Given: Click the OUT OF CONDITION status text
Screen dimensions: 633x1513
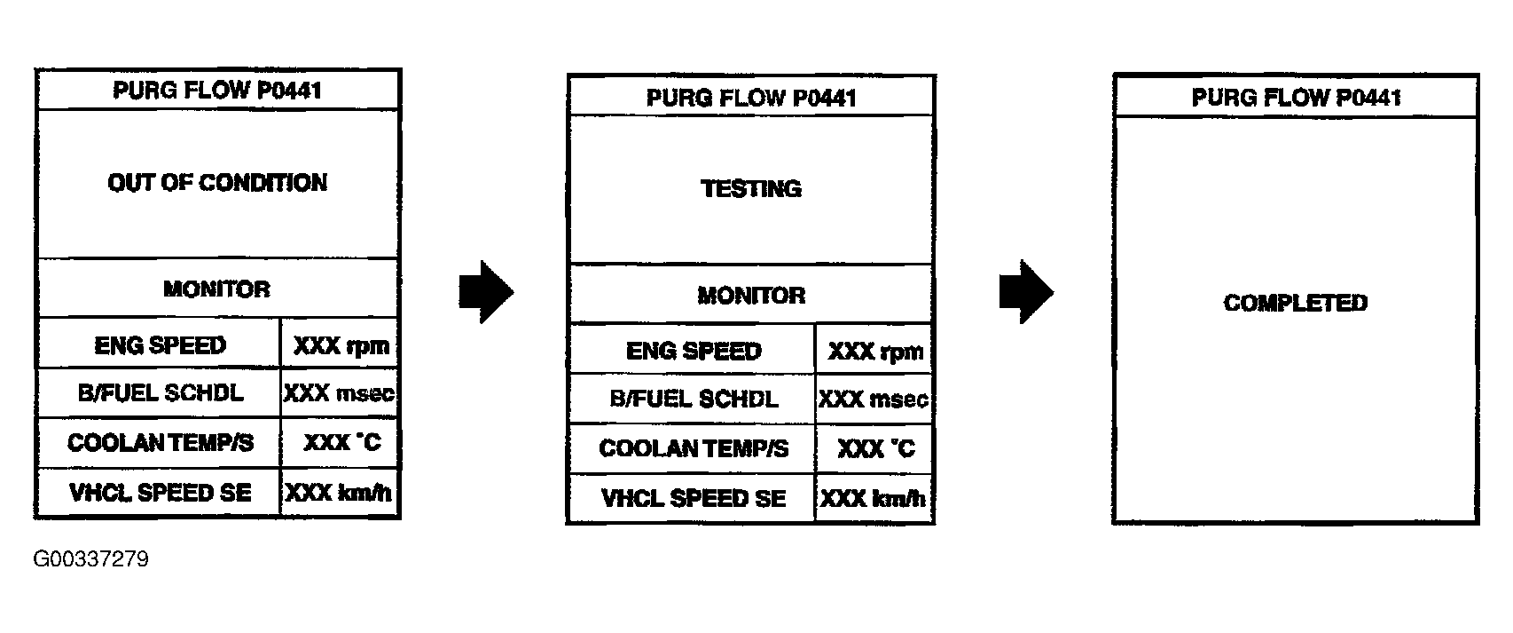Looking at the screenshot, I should pyautogui.click(x=217, y=183).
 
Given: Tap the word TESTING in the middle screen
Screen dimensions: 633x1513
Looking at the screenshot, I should pyautogui.click(x=751, y=189).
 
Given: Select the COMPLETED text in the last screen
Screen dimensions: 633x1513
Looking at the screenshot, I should pyautogui.click(x=1295, y=304).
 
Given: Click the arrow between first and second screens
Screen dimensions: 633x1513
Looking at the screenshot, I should pyautogui.click(x=486, y=291).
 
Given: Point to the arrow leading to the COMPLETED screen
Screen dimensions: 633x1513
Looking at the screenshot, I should pyautogui.click(x=1026, y=291).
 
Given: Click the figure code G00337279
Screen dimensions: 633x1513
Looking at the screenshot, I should pyautogui.click(x=90, y=559).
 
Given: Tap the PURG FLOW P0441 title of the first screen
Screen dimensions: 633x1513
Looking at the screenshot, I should pyautogui.click(x=217, y=91).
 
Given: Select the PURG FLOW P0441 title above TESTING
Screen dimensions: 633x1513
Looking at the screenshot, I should pyautogui.click(x=751, y=97).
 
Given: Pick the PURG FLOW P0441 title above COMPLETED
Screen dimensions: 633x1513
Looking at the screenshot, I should pyautogui.click(x=1296, y=97).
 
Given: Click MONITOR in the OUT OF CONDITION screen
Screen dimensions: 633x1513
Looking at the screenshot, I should pyautogui.click(x=217, y=289).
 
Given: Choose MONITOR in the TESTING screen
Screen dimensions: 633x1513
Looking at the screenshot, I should pyautogui.click(x=751, y=296).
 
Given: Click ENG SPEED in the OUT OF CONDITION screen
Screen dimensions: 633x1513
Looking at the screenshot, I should pyautogui.click(x=161, y=345).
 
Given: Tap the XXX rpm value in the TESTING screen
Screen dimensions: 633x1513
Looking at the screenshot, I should pyautogui.click(x=875, y=352).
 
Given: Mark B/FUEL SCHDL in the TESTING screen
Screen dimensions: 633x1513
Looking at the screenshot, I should pyautogui.click(x=694, y=400).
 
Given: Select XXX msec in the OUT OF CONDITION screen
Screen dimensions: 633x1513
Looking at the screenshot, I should pyautogui.click(x=340, y=393).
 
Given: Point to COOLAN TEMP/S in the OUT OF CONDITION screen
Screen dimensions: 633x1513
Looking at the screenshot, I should pyautogui.click(x=161, y=443).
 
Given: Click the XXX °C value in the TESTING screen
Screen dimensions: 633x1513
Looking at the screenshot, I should pyautogui.click(x=875, y=449).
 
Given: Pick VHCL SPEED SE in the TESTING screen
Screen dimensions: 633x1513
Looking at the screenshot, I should pyautogui.click(x=694, y=499).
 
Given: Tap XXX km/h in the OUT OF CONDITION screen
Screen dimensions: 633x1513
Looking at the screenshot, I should pyautogui.click(x=340, y=493).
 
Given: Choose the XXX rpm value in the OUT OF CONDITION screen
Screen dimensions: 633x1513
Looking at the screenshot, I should pyautogui.click(x=341, y=345).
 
